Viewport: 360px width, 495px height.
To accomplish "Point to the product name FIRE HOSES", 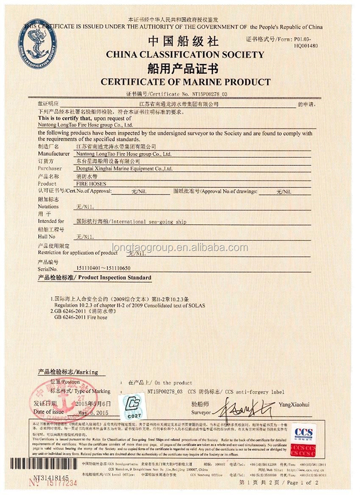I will coord(87,184).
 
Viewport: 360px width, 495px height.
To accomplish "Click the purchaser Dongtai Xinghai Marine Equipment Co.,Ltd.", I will coord(123,168).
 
